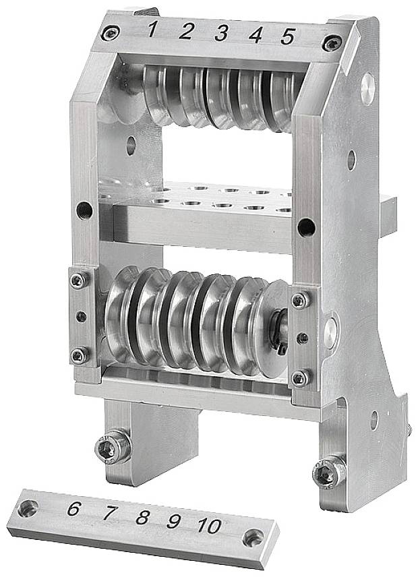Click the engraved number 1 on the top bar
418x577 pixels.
point(152,30)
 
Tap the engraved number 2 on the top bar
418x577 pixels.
point(186,31)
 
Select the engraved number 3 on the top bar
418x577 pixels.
point(220,33)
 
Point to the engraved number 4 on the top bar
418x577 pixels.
point(256,34)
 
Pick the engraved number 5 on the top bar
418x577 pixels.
point(288,36)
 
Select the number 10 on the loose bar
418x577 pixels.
point(210,526)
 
